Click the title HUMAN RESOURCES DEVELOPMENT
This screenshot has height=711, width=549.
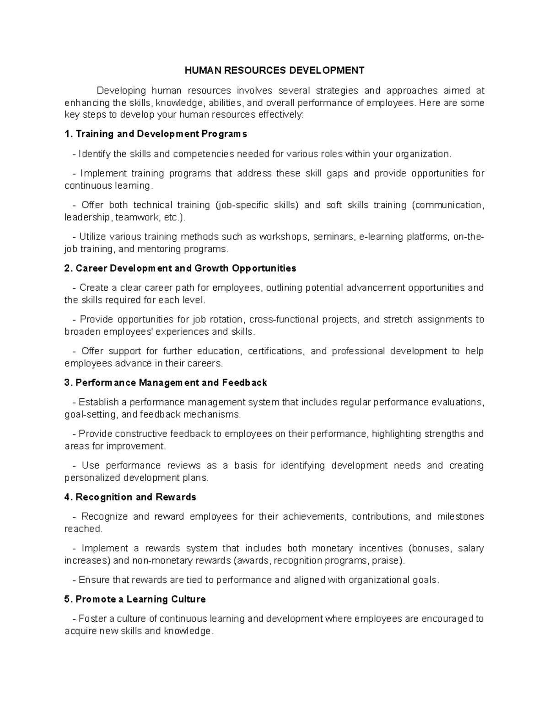(x=274, y=71)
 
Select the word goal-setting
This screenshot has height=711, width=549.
(x=91, y=415)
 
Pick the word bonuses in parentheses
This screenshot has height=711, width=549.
(x=432, y=548)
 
